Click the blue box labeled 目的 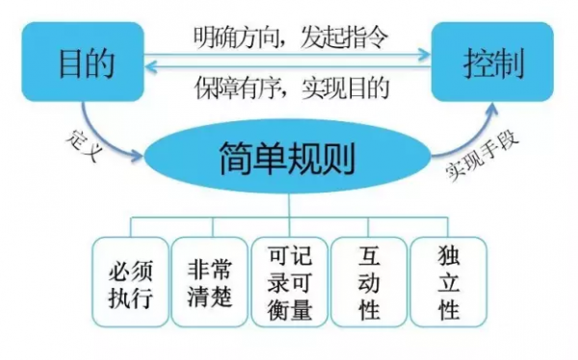86,64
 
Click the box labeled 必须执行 130,286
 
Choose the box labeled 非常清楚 210,286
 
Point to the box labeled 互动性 369,286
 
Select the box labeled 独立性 448,286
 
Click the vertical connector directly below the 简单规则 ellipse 290,206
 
